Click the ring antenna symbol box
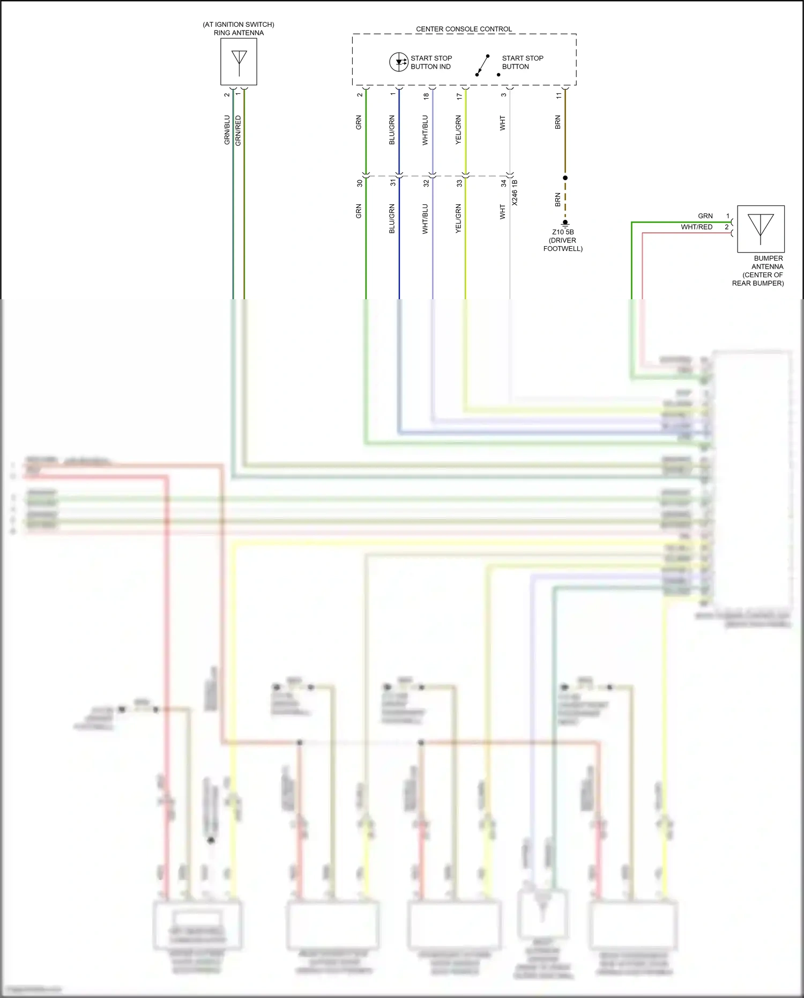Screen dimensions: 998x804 (x=239, y=62)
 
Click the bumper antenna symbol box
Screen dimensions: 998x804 (x=761, y=228)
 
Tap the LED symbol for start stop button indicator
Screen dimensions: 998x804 (x=399, y=62)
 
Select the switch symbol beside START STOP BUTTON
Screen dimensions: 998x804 (x=483, y=65)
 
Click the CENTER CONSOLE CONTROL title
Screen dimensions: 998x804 (x=464, y=29)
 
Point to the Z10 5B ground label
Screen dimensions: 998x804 (x=563, y=232)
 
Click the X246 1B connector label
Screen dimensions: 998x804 (x=515, y=193)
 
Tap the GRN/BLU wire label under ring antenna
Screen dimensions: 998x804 (x=227, y=130)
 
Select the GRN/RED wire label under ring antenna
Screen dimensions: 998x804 (x=238, y=130)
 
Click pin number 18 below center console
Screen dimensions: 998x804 (x=426, y=97)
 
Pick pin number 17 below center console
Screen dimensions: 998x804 (x=459, y=97)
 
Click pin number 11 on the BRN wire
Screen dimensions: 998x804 (x=558, y=95)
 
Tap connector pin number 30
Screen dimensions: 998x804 (x=360, y=183)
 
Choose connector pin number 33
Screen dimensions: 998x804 (x=459, y=183)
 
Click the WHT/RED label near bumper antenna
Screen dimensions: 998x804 (x=696, y=227)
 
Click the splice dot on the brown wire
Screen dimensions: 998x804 (x=565, y=178)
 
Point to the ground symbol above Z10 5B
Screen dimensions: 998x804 (x=565, y=223)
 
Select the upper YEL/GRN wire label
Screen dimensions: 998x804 (x=458, y=130)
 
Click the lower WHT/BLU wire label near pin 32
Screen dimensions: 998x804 (x=425, y=219)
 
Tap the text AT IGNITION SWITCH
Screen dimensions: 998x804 (x=239, y=25)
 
